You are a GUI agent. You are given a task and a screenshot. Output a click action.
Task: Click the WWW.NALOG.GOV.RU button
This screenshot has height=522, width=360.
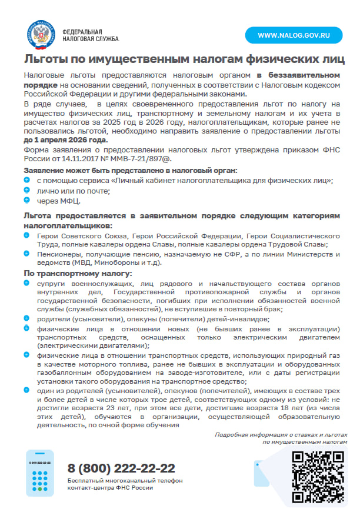(292, 35)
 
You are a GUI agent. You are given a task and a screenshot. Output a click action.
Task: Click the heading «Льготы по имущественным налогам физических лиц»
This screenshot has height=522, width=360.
(184, 59)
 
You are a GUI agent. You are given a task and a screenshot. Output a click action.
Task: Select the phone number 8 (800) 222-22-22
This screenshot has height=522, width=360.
(122, 468)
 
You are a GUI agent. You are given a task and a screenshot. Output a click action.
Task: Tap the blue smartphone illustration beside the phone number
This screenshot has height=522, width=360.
(39, 473)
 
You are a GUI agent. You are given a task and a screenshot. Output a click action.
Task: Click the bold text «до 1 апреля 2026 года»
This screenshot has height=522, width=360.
(66, 141)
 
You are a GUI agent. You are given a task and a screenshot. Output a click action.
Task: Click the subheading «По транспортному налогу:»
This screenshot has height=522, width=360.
(78, 274)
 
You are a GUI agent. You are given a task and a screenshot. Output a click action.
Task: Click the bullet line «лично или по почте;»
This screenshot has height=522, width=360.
(74, 191)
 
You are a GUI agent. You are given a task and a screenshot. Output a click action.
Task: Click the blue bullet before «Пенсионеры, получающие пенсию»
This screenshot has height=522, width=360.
(27, 253)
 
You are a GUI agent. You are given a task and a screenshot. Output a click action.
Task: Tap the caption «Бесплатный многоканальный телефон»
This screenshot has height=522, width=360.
(125, 481)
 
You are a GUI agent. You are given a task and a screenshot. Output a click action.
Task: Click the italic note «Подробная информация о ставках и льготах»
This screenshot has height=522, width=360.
(281, 434)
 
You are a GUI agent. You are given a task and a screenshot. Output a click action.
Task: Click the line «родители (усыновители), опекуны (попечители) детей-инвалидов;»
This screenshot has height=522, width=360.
(153, 318)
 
